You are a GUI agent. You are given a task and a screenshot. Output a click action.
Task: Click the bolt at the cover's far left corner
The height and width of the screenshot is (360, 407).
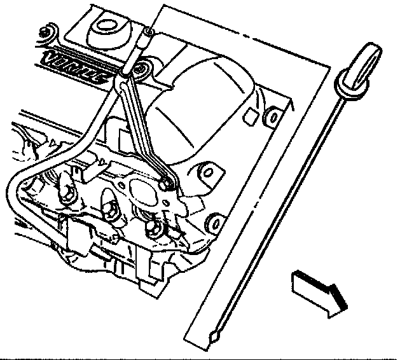(44, 32)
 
